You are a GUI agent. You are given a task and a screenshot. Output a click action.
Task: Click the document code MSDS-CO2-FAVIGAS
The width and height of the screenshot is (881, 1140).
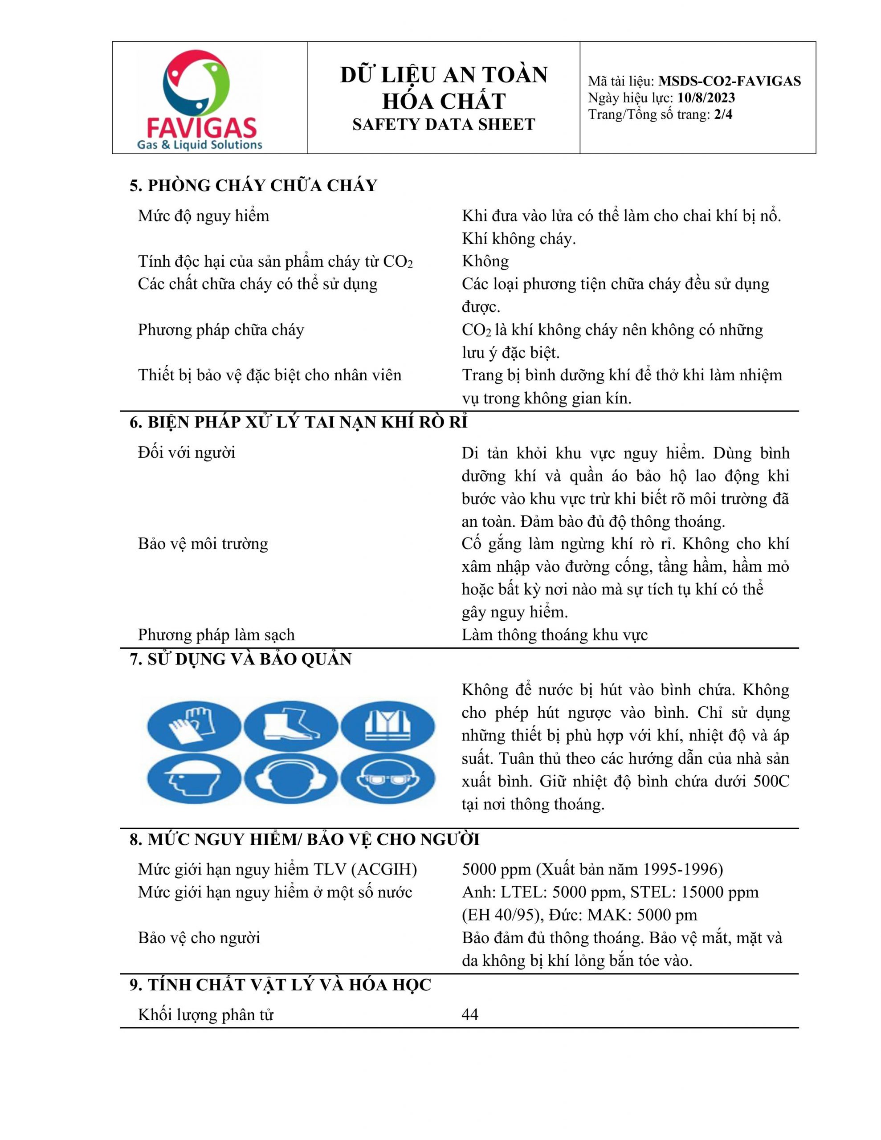tap(729, 81)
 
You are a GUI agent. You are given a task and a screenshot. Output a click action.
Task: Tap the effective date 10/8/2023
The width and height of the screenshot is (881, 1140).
tap(706, 98)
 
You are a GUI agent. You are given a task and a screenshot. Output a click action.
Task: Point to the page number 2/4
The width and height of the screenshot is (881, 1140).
tap(723, 114)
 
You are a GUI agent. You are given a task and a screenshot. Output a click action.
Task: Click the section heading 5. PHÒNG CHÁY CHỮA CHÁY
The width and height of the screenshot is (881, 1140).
tap(253, 186)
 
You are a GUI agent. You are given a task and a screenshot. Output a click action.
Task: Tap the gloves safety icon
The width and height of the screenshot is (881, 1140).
tap(193, 727)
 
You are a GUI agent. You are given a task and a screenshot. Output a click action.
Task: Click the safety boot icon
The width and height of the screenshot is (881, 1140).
tap(290, 727)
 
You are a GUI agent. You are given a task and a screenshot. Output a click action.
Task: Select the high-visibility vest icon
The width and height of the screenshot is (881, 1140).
tap(387, 727)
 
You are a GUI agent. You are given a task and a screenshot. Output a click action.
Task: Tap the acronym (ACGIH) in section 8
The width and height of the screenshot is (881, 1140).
tap(384, 870)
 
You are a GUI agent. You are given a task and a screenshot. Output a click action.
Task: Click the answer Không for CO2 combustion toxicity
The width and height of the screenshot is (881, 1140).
tap(485, 261)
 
